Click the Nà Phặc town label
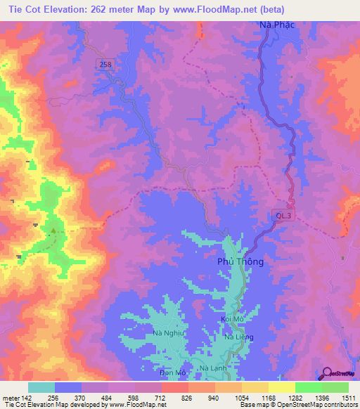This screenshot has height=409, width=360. (275, 26)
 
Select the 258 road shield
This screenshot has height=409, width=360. (105, 64)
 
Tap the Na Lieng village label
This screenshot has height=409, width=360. (238, 337)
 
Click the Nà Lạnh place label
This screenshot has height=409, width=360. (214, 368)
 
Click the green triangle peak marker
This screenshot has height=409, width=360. (53, 230)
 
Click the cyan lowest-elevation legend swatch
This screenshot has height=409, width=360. (41, 387)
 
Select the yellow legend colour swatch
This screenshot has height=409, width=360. (282, 387)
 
